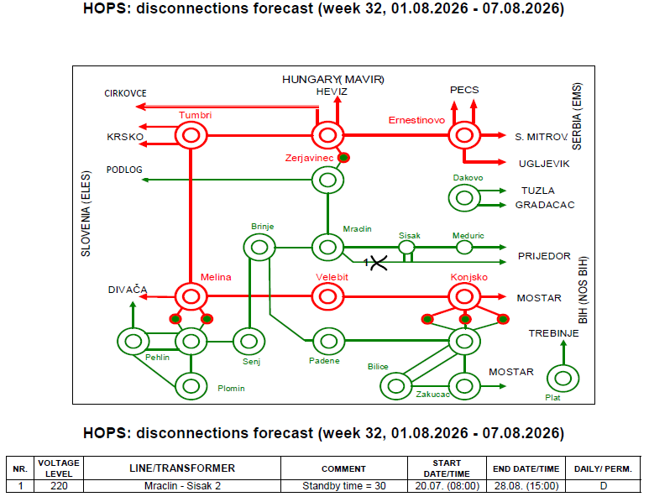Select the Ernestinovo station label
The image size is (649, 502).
click(416, 120)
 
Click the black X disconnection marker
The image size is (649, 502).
click(379, 263)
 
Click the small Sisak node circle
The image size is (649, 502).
click(406, 242)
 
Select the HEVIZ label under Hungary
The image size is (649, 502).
click(332, 92)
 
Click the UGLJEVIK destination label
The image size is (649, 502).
click(544, 164)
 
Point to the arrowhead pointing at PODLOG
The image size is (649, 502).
click(145, 180)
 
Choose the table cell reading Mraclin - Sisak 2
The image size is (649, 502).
click(182, 486)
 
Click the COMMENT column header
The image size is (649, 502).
click(343, 469)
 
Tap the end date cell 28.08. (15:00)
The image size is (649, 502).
click(526, 486)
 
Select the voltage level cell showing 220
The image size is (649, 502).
click(59, 486)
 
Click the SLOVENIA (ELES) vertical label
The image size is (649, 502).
click(86, 213)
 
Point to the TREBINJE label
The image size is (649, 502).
click(553, 333)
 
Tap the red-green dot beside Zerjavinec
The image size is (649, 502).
click(343, 158)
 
